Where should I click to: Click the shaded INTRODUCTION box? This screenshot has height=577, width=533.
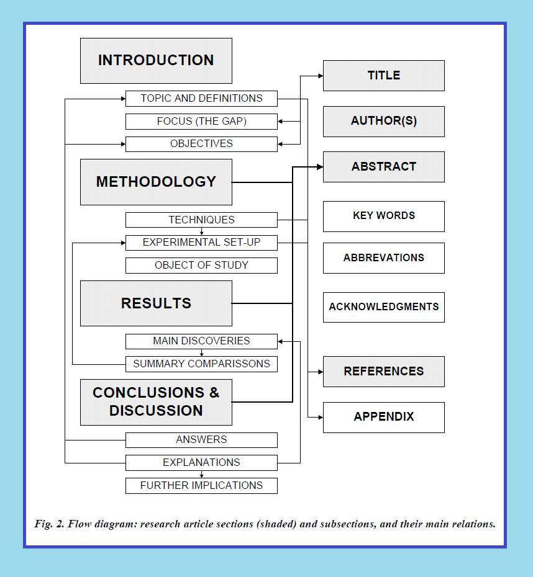coord(156,61)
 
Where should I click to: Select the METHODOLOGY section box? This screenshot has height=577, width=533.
coord(156,182)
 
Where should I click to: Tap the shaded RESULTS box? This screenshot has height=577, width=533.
coord(156,303)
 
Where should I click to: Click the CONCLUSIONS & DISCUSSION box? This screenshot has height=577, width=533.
coord(156,402)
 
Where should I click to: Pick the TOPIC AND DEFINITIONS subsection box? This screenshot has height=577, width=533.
coord(201,98)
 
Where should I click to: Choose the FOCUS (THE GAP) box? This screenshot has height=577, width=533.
coord(201,121)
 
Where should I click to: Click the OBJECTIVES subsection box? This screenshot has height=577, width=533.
coord(201,144)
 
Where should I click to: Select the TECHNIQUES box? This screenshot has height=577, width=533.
coord(201,220)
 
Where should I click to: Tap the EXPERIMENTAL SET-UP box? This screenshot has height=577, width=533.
coord(201,242)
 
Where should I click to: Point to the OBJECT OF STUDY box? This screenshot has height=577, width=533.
coord(201,266)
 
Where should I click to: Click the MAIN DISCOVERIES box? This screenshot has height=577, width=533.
coord(201,341)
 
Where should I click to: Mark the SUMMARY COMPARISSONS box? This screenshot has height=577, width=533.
coord(201,364)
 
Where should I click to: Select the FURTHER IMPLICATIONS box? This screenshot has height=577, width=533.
coord(201,485)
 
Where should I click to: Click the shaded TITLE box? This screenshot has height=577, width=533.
coord(383,76)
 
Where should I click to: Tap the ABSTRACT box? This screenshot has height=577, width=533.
coord(383,167)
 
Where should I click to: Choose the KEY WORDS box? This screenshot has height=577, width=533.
coord(383,216)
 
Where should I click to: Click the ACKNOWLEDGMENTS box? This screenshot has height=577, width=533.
coord(383,307)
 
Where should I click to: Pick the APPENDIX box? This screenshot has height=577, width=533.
coord(383,417)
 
